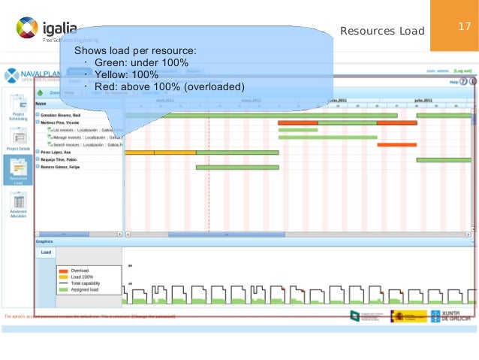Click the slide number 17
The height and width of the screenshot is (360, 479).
pos(464,27)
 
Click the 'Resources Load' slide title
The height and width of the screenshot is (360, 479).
pos(382,32)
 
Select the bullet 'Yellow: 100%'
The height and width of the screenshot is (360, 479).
pos(136,74)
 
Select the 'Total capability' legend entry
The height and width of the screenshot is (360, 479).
pos(84,283)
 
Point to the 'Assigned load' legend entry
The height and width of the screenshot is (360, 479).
pos(84,289)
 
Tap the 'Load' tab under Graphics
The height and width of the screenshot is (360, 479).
pos(46,253)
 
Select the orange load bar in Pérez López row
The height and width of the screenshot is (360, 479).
pos(160,152)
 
